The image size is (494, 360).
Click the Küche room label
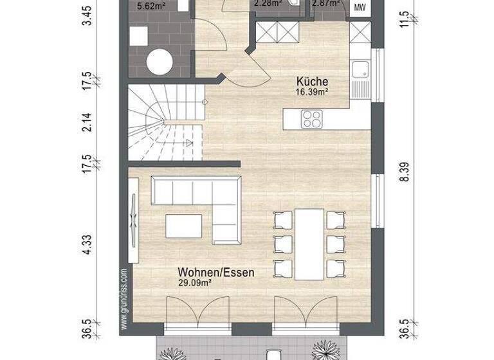click(313, 82)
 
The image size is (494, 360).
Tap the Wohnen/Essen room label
click(217, 273)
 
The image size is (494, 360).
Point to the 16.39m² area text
click(313, 93)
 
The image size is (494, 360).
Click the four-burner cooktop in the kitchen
click(313, 118)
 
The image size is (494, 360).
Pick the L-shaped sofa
click(199, 199)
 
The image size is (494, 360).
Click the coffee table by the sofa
click(184, 226)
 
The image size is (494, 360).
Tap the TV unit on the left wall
click(133, 219)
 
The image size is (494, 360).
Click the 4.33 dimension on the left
click(90, 245)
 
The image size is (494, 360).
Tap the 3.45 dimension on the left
click(90, 11)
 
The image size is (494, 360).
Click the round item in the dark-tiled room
click(159, 62)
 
